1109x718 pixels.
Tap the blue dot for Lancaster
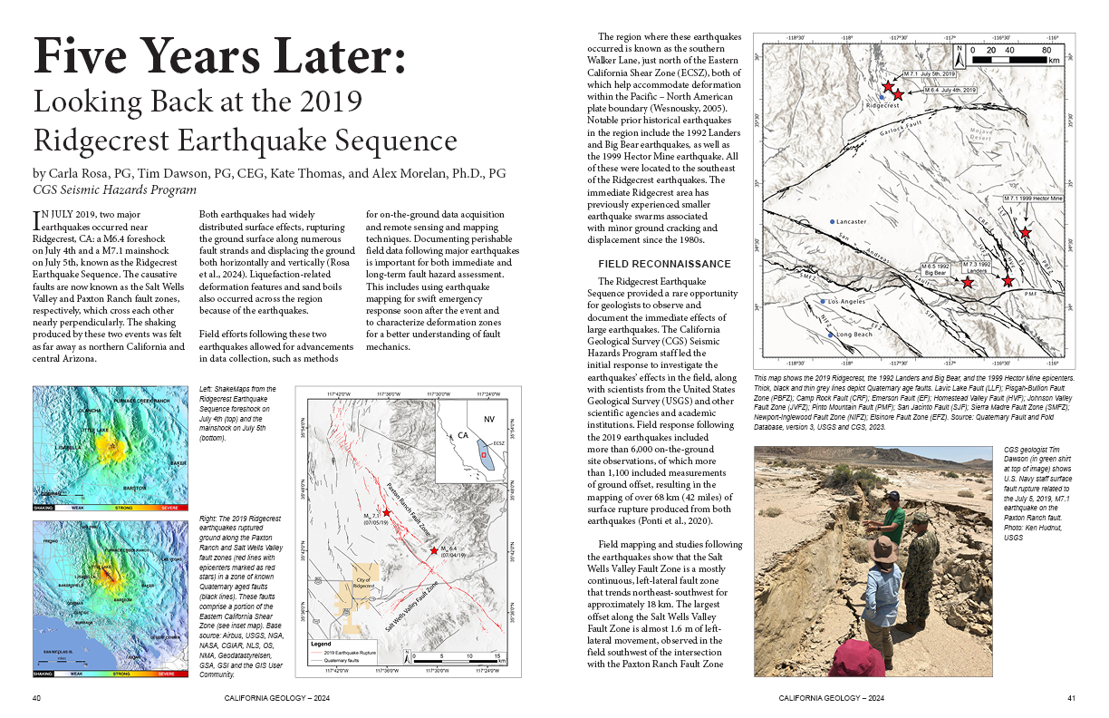[x=832, y=221]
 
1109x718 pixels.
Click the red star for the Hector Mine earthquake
[x=1025, y=233]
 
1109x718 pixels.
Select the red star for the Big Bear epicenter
[x=968, y=283]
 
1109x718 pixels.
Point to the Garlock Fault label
[x=901, y=137]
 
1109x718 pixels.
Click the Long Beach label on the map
[x=854, y=335]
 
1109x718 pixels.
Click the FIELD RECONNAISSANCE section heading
[x=664, y=264]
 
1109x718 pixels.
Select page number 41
[x=1070, y=698]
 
